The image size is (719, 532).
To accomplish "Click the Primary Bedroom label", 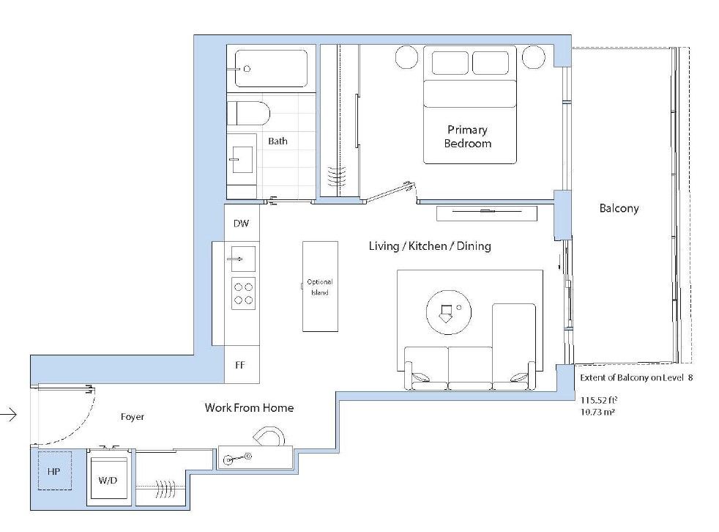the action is click(468, 136).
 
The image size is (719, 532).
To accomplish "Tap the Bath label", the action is click(278, 141).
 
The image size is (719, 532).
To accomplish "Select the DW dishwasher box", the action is click(242, 223).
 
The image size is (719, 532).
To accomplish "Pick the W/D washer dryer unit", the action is click(108, 478).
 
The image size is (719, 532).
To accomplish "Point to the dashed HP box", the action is click(55, 471).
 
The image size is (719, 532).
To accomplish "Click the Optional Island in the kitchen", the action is click(320, 287).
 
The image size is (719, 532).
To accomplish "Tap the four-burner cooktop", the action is click(244, 294).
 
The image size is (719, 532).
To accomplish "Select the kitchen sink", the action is click(243, 259).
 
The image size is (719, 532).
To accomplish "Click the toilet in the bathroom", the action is click(248, 114).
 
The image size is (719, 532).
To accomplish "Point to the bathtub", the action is click(271, 68).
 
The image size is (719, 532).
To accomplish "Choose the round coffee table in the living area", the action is click(449, 313).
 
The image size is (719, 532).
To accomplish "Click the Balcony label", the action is click(619, 208).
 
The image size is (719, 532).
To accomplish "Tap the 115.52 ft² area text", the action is click(599, 400).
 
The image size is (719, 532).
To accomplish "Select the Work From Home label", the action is click(249, 407).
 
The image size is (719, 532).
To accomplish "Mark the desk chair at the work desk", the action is click(269, 437).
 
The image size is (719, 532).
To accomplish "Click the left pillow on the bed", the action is click(450, 63).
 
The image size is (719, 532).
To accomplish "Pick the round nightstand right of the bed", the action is click(533, 57).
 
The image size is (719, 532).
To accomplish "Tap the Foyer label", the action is click(133, 417).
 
